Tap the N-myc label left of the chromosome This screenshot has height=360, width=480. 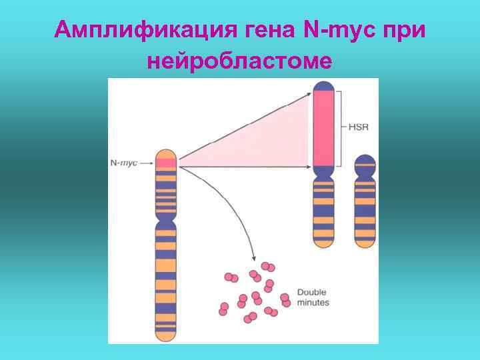[123, 163]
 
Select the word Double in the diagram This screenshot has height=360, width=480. [311, 292]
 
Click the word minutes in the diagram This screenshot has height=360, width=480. [313, 302]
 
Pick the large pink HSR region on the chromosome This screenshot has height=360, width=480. [324, 127]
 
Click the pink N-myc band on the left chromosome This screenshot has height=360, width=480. [166, 163]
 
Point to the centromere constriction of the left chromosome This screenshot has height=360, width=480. [166, 217]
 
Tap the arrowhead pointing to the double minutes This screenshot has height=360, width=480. [254, 257]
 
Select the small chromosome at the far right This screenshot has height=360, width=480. [365, 200]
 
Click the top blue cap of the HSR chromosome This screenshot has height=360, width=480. [324, 85]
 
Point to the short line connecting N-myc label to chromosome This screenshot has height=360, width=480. [147, 163]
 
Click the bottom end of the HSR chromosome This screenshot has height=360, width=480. [324, 245]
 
